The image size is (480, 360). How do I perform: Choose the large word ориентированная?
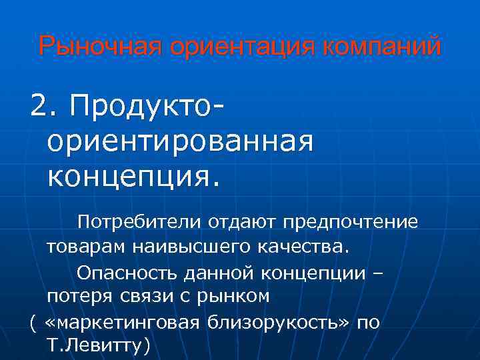pos(180,141)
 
